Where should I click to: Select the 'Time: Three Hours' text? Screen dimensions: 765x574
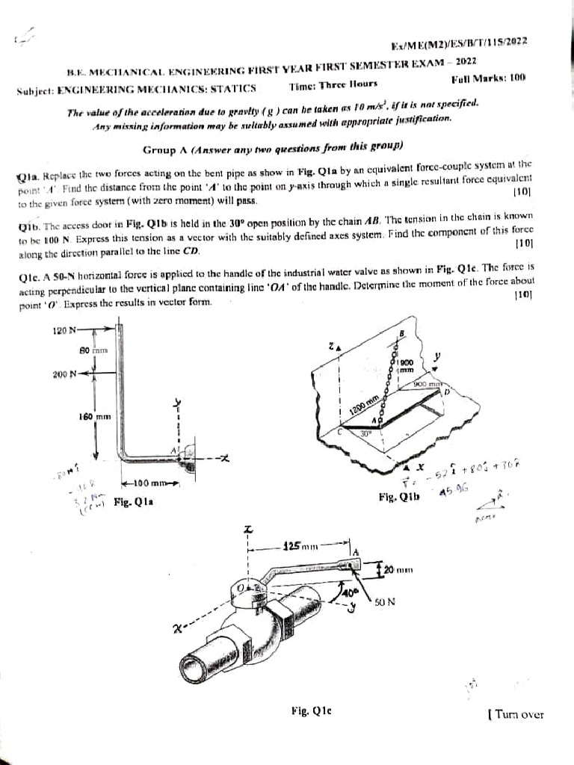[333, 86]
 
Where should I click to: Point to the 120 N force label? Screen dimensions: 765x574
[66, 329]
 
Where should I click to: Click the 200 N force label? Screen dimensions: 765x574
[66, 374]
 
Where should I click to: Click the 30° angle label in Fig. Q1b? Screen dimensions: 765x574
[364, 433]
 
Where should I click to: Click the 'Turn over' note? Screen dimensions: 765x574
[514, 714]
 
